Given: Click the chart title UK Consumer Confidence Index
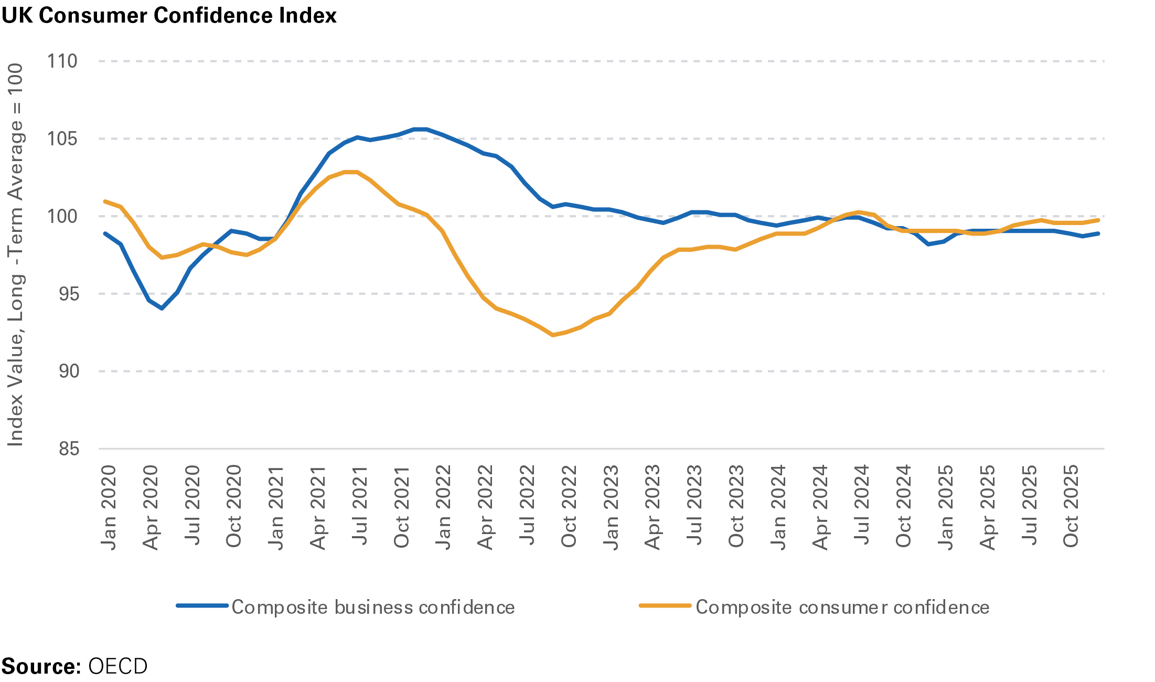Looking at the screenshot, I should tap(169, 15).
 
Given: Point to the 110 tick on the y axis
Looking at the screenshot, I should tap(62, 61).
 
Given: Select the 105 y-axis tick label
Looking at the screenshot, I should tap(62, 139).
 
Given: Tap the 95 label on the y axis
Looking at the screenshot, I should tap(69, 294).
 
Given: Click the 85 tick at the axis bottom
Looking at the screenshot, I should tap(69, 449).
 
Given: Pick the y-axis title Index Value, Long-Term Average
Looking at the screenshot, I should tap(15, 255).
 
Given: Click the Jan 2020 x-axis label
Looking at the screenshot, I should tap(108, 507).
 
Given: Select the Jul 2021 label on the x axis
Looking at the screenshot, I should tap(359, 505).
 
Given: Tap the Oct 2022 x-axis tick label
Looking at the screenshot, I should tap(569, 506).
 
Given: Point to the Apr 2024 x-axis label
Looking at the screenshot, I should tap(820, 507).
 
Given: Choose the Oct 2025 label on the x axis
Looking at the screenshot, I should tap(1071, 506).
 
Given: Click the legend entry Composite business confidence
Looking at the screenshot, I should tap(373, 607).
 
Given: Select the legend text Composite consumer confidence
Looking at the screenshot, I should tap(842, 607).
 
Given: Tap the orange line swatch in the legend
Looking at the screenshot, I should tap(665, 606).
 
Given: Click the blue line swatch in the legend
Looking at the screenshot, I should tap(202, 606).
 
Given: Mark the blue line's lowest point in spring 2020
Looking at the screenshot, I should tap(162, 308).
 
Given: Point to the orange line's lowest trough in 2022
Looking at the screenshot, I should tap(553, 335).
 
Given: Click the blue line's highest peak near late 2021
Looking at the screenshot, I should tap(420, 129).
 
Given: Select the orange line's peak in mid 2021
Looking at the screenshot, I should tap(350, 172).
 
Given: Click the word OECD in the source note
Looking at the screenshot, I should tap(118, 666).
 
